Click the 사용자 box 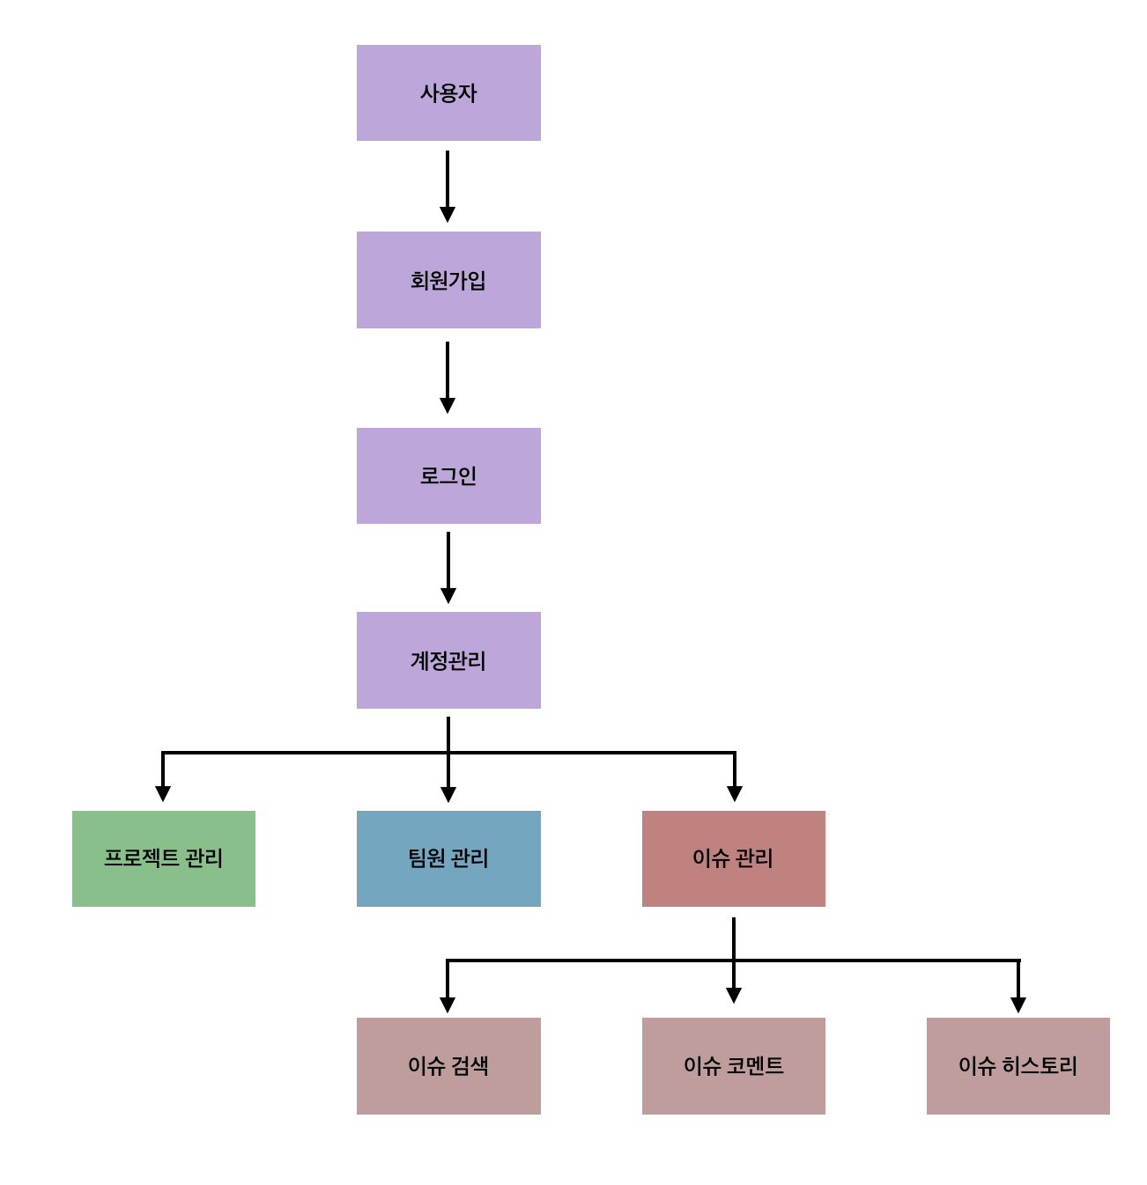[448, 93]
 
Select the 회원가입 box [448, 280]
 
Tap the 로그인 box [448, 476]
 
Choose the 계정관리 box [448, 660]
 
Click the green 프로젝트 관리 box [164, 858]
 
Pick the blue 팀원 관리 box [448, 858]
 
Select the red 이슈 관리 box [734, 858]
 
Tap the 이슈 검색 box [448, 1066]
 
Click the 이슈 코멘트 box [734, 1066]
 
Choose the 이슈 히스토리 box [1018, 1066]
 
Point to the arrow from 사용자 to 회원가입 [448, 185]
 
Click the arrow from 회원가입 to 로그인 [448, 376]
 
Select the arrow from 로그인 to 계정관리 [448, 566]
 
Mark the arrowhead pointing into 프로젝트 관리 [163, 793]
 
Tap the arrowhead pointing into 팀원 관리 [448, 794]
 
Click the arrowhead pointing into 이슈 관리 [735, 793]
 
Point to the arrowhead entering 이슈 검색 [448, 1005]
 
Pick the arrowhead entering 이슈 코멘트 [734, 996]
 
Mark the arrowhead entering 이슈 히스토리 [1018, 1005]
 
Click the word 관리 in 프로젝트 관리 [203, 858]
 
